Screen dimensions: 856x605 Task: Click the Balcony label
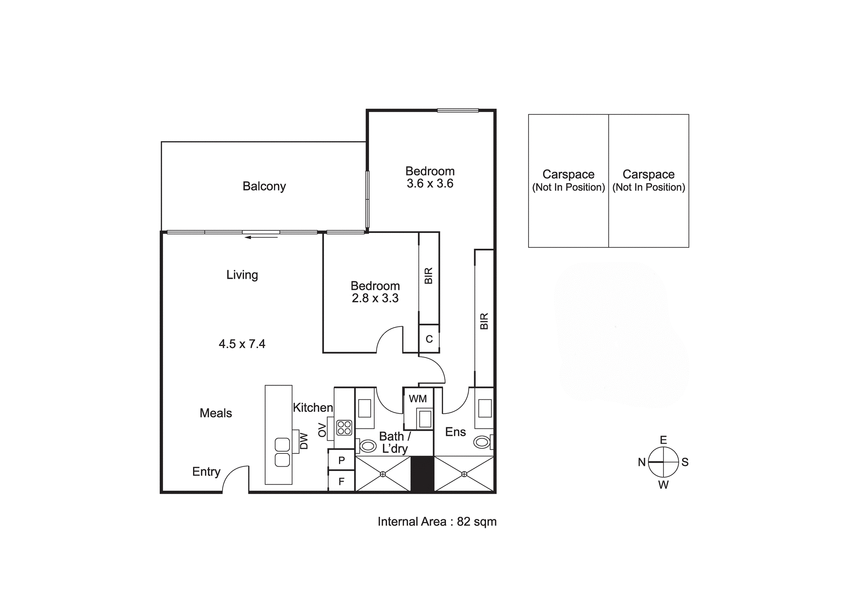pyautogui.click(x=264, y=186)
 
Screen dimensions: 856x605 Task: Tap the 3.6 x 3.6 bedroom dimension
pyautogui.click(x=430, y=184)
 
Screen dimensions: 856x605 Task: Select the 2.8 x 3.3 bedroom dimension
pyautogui.click(x=375, y=298)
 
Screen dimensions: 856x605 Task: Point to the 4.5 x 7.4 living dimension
pyautogui.click(x=242, y=344)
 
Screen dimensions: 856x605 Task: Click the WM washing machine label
pyautogui.click(x=418, y=399)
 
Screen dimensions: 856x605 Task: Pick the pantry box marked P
pyautogui.click(x=342, y=460)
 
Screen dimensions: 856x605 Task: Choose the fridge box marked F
pyautogui.click(x=342, y=481)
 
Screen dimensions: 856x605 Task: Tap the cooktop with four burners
pyautogui.click(x=344, y=428)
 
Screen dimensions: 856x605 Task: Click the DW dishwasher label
pyautogui.click(x=304, y=441)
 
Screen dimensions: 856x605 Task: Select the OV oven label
pyautogui.click(x=322, y=430)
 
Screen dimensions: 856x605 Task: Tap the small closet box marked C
pyautogui.click(x=429, y=339)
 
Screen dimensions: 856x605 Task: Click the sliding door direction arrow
pyautogui.click(x=261, y=237)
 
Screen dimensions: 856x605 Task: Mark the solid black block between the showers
pyautogui.click(x=422, y=474)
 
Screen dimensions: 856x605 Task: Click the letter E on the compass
pyautogui.click(x=663, y=440)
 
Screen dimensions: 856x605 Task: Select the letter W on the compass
pyautogui.click(x=663, y=485)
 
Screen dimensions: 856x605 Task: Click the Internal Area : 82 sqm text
pyautogui.click(x=437, y=522)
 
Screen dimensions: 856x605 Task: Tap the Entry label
pyautogui.click(x=206, y=472)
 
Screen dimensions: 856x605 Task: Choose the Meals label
pyautogui.click(x=216, y=413)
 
